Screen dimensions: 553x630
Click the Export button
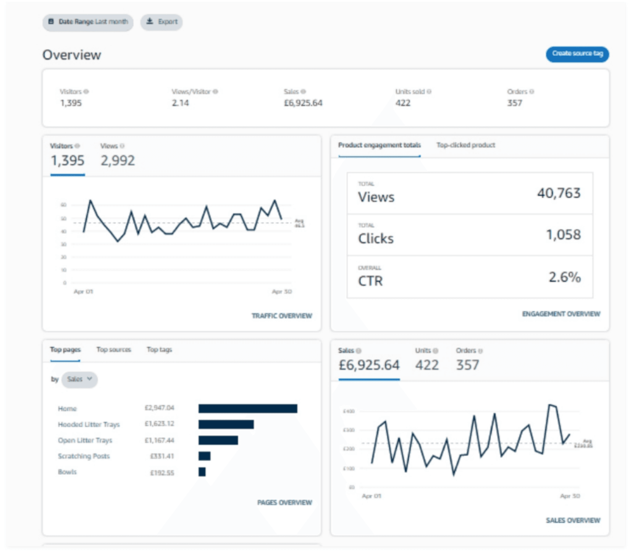click(162, 22)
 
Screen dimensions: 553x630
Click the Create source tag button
click(577, 54)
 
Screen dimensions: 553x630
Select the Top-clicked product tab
click(465, 145)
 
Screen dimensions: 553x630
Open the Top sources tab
click(113, 349)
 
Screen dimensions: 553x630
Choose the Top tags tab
click(159, 349)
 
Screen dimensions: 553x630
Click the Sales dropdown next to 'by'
click(79, 379)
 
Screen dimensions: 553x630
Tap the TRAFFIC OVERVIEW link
click(281, 316)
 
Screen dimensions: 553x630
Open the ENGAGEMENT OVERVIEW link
click(561, 314)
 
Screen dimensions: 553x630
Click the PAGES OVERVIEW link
click(284, 503)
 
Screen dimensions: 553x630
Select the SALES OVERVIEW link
click(573, 520)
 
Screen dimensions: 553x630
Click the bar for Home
click(248, 409)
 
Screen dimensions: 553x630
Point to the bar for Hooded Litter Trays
click(226, 424)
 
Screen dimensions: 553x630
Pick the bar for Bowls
click(202, 472)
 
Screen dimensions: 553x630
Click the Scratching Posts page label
click(84, 456)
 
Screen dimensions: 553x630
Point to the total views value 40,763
click(559, 193)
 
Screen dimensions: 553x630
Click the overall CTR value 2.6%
click(564, 277)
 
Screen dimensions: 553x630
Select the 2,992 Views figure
click(118, 161)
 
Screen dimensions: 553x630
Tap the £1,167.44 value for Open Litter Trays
click(159, 440)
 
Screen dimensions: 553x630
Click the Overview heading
click(72, 55)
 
